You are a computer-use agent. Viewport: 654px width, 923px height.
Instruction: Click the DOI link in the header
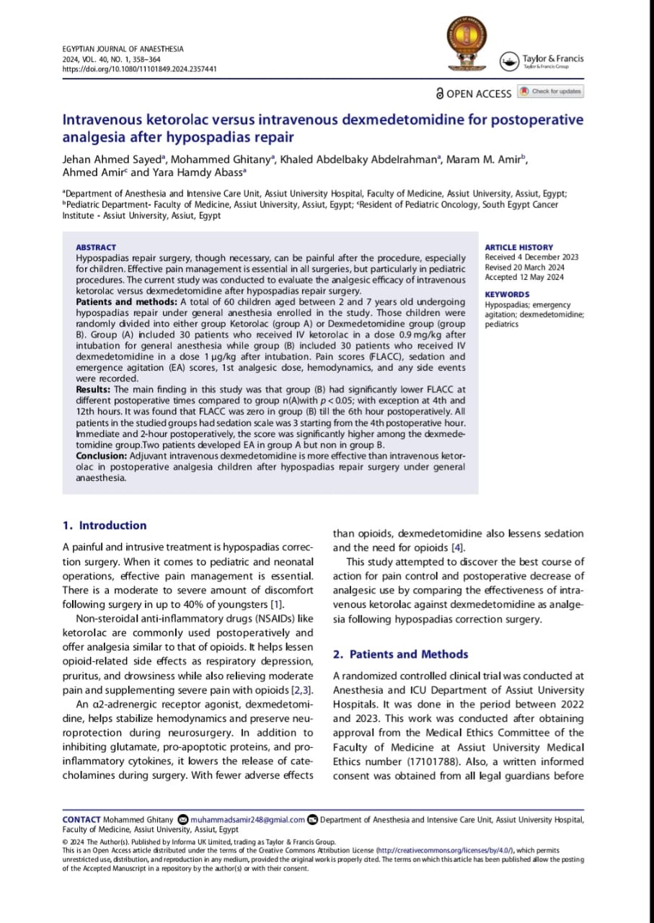(x=139, y=69)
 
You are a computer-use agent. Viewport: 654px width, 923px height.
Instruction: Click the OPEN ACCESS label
(x=473, y=94)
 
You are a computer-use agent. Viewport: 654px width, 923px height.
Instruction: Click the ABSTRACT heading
(x=95, y=247)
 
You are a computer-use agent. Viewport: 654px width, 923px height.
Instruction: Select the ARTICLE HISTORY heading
(x=518, y=247)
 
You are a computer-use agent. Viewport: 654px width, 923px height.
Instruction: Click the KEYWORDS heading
(x=507, y=294)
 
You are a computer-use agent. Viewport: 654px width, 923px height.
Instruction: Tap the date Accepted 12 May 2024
(x=524, y=278)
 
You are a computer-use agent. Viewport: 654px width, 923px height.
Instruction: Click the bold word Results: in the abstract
(x=94, y=389)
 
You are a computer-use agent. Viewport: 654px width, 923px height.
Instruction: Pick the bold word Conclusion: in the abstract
(x=101, y=456)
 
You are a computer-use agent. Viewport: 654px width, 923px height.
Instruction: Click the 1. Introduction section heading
(x=105, y=526)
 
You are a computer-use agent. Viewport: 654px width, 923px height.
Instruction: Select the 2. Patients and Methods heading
(x=400, y=655)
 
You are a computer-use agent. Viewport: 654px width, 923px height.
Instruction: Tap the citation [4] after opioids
(x=457, y=548)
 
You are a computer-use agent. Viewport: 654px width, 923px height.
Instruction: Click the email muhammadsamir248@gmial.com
(x=247, y=820)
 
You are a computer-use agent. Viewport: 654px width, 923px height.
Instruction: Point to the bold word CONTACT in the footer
(x=81, y=820)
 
